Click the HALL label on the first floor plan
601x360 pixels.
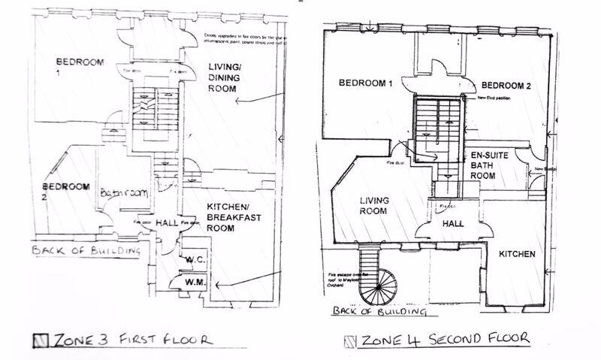(168, 222)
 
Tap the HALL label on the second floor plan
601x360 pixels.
(452, 224)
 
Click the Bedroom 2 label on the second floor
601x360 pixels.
(506, 86)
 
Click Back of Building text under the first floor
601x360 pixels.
(86, 250)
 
